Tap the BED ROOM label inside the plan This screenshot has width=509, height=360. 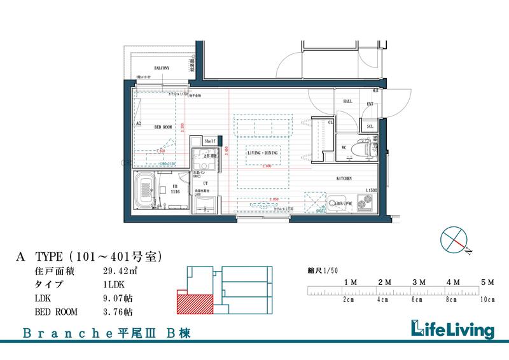[x=164, y=127]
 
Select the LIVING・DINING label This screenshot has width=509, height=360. [x=262, y=153]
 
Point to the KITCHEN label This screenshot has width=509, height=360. [x=344, y=179]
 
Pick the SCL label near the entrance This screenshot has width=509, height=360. [x=370, y=127]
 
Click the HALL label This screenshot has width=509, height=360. [x=347, y=101]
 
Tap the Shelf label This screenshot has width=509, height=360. [x=210, y=141]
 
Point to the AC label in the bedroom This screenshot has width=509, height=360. [x=138, y=124]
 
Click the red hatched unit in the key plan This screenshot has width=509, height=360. [x=194, y=302]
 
